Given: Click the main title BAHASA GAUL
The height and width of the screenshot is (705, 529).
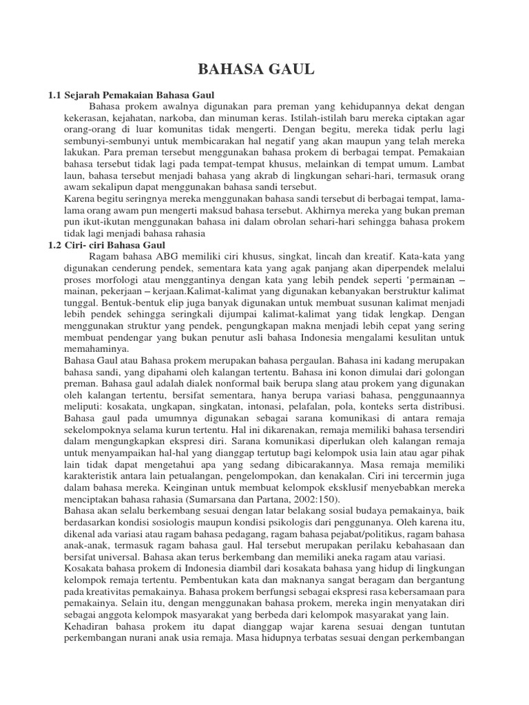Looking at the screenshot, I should [256, 70].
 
